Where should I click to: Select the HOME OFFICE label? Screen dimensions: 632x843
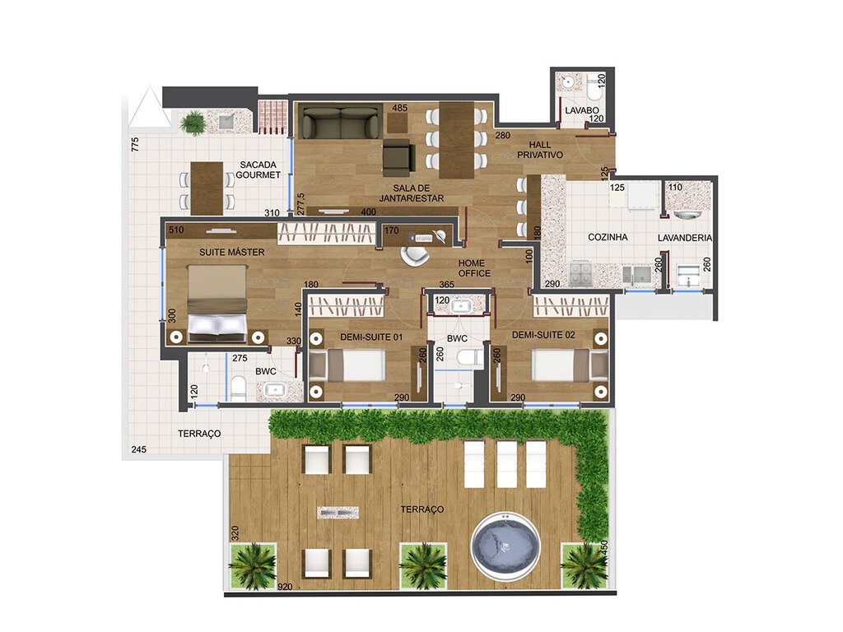[474, 268]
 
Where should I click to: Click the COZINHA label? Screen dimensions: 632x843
[608, 237]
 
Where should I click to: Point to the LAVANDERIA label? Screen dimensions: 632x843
[685, 238]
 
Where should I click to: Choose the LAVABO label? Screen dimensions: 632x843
[581, 110]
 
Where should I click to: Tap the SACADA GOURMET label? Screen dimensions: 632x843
[258, 169]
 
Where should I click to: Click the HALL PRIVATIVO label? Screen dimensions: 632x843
[539, 149]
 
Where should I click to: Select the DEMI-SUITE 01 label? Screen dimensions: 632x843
[370, 336]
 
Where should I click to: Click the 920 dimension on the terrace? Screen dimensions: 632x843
[286, 587]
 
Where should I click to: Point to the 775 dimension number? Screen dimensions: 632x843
[134, 146]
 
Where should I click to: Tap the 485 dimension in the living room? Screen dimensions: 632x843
[400, 109]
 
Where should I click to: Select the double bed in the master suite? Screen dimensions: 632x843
[217, 304]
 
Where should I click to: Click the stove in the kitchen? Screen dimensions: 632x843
[581, 271]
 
